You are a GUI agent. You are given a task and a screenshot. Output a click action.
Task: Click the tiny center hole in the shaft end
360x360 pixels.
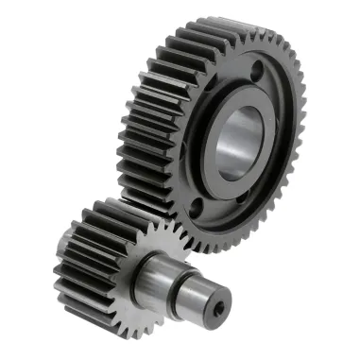pos(220,307)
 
